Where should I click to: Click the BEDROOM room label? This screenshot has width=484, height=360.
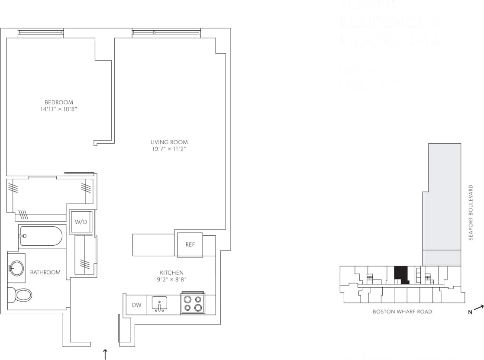coord(59,103)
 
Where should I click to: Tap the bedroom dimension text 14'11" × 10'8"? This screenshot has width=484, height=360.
coord(59,109)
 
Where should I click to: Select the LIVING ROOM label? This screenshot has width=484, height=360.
coord(169,142)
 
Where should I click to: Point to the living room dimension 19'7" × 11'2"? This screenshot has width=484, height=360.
coord(169,149)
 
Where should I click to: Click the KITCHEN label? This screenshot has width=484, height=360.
coord(171,273)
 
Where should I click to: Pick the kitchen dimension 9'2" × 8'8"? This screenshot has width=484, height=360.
coord(171,280)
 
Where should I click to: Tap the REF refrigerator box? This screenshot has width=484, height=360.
coord(190,244)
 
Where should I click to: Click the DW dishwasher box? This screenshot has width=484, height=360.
coord(136,305)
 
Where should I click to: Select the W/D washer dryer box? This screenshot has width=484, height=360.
coord(81,222)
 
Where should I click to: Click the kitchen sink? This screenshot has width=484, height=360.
coord(160,304)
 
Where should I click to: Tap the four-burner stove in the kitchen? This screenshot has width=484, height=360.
coord(193,304)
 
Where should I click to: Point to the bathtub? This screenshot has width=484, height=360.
coord(41,236)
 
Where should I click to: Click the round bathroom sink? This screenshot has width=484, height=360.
coord(17,268)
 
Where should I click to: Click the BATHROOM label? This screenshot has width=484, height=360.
coord(45,272)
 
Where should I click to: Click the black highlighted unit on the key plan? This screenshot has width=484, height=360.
coord(401,274)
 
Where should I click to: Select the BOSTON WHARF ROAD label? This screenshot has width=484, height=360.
coord(402,312)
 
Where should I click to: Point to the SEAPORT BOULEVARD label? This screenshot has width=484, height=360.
coord(471,212)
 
